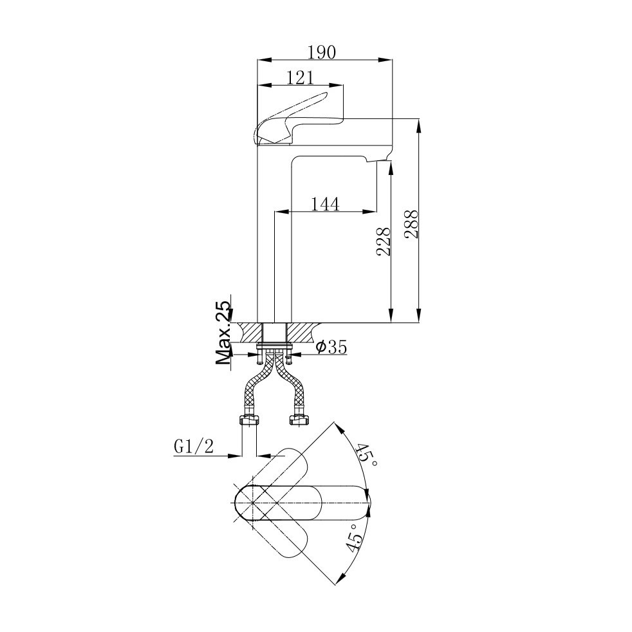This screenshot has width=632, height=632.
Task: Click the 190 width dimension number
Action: [x=321, y=52]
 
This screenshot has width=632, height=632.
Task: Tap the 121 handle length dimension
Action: [x=300, y=77]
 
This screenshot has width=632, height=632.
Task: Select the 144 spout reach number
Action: [x=325, y=204]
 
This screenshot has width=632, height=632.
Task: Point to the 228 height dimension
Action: [x=384, y=241]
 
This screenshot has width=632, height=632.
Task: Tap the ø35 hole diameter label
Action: [x=331, y=347]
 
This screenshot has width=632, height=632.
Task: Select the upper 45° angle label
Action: [x=367, y=455]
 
